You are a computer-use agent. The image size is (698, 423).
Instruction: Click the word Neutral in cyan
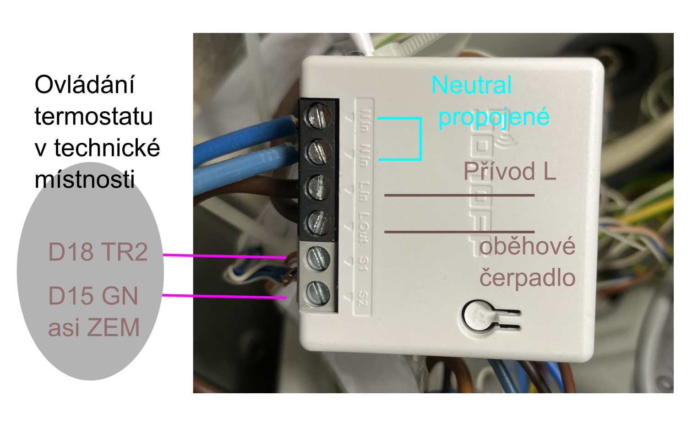coord(471,85)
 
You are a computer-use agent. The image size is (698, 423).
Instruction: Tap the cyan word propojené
coord(493,117)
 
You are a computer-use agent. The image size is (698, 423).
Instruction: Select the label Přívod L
coord(509,172)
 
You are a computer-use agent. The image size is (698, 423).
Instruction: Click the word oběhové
coord(527,246)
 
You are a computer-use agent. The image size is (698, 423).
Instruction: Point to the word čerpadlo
coord(527,278)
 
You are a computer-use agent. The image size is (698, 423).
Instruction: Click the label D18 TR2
coord(98,252)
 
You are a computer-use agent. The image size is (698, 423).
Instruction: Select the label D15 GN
coord(93,296)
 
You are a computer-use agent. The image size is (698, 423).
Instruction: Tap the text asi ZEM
coord(93,328)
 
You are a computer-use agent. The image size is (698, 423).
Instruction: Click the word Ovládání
coord(85,85)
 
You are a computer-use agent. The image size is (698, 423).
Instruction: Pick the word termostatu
coord(93,116)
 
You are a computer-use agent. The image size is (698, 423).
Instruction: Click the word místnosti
coord(85,179)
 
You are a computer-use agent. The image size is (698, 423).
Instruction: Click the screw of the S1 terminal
coord(317,258)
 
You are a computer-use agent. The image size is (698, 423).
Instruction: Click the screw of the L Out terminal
coord(318,223)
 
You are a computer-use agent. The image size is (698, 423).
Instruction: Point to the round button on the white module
coord(477,316)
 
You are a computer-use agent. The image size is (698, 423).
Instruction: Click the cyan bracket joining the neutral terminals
coord(420,139)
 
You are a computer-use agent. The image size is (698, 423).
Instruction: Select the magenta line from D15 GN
coord(224,297)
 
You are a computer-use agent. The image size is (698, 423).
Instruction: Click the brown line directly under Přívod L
coord(459,195)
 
